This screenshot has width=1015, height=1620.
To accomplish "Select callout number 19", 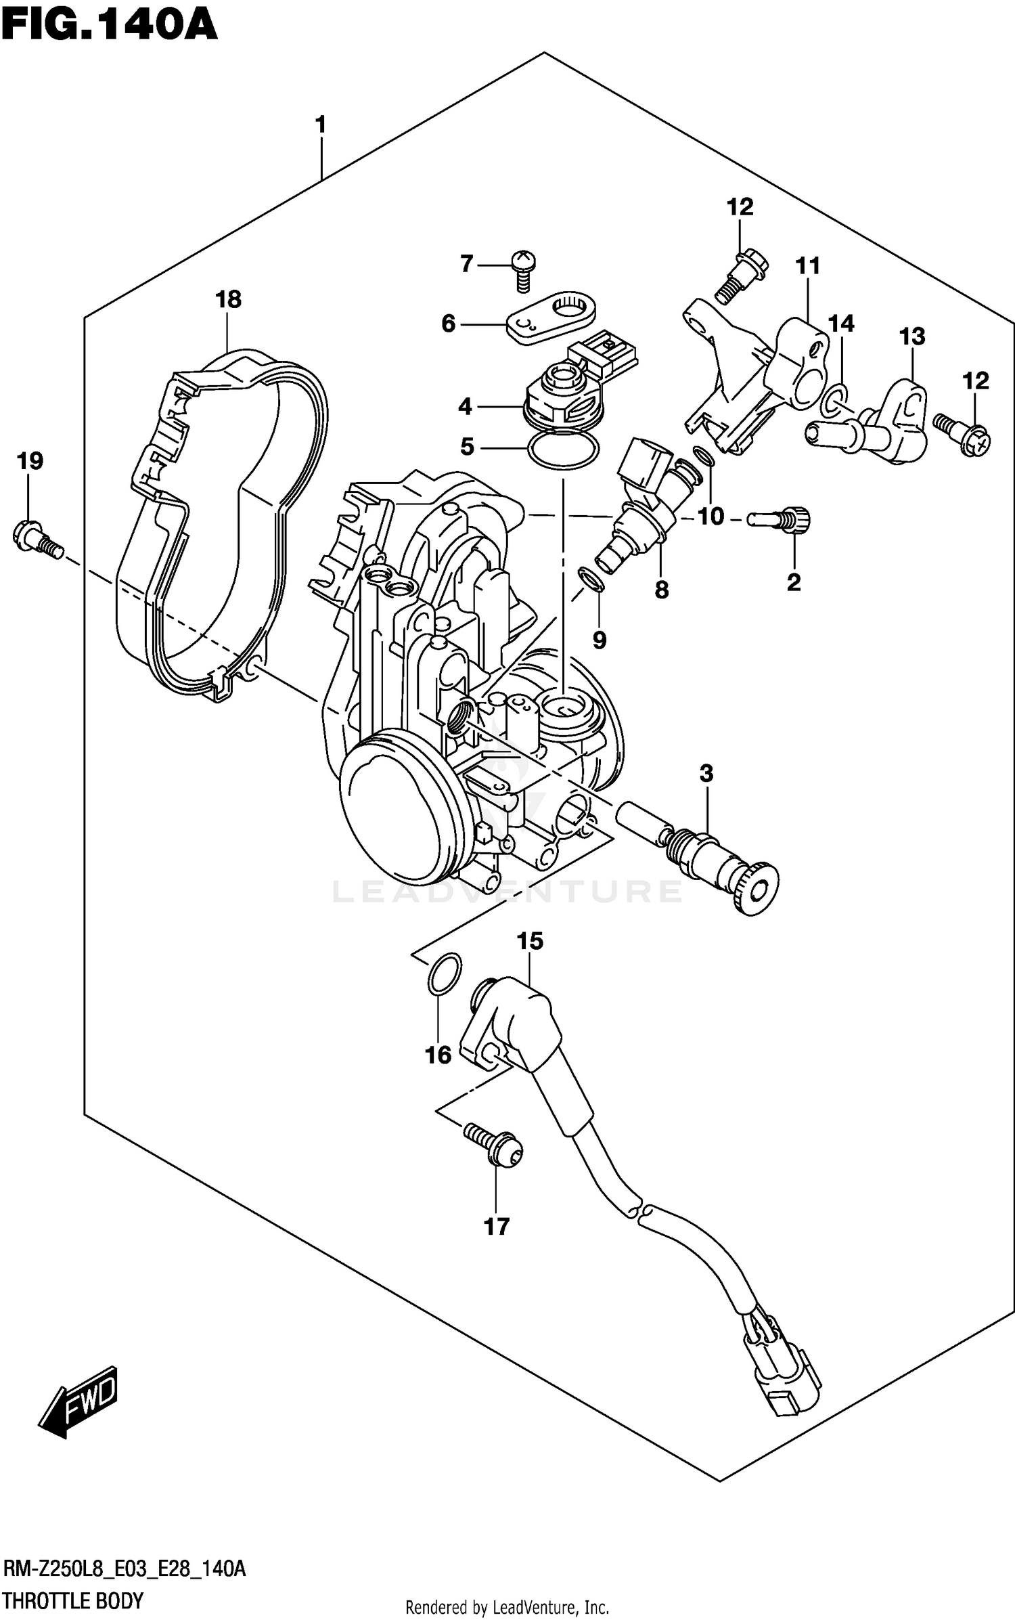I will click(30, 462).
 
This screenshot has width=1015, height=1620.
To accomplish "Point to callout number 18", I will click(229, 299).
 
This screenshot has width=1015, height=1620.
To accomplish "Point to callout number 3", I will click(706, 773).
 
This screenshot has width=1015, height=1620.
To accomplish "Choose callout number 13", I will click(911, 336).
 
